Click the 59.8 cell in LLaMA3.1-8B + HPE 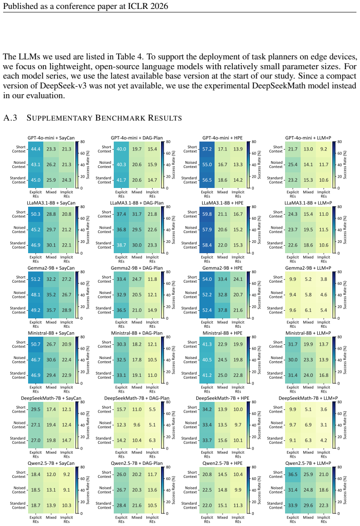pyautogui.click(x=207, y=214)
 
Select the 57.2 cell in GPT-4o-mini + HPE pyautogui.click(x=207, y=149)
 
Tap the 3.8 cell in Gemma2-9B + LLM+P pyautogui.click(x=323, y=279)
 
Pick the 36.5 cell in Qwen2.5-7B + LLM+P pyautogui.click(x=293, y=474)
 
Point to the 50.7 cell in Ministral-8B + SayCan pyautogui.click(x=36, y=344)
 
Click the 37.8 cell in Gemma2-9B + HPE pyautogui.click(x=223, y=310)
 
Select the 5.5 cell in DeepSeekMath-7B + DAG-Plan pyautogui.click(x=152, y=409)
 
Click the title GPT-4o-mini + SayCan pyautogui.click(x=51, y=138)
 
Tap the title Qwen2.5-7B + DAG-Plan pyautogui.click(x=137, y=463)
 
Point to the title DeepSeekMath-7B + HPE pyautogui.click(x=223, y=398)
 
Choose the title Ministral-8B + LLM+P pyautogui.click(x=308, y=333)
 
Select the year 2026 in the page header pyautogui.click(x=160, y=6)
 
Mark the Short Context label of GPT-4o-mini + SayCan pyautogui.click(x=21, y=149)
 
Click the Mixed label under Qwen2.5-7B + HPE pyautogui.click(x=223, y=517)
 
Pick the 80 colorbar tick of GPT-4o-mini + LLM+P pyautogui.click(x=339, y=142)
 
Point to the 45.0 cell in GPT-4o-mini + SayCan pyautogui.click(x=36, y=180)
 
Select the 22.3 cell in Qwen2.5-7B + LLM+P pyautogui.click(x=323, y=505)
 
